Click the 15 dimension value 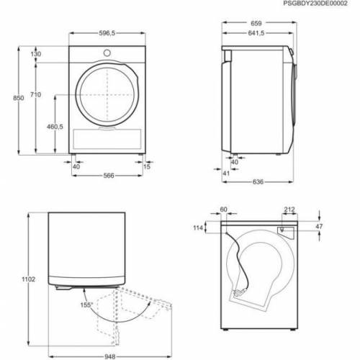(x=148, y=166)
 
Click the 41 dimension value (x=225, y=174)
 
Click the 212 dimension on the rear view (x=289, y=210)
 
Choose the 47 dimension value (x=318, y=227)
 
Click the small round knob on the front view (x=107, y=53)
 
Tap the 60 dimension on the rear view (x=224, y=210)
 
